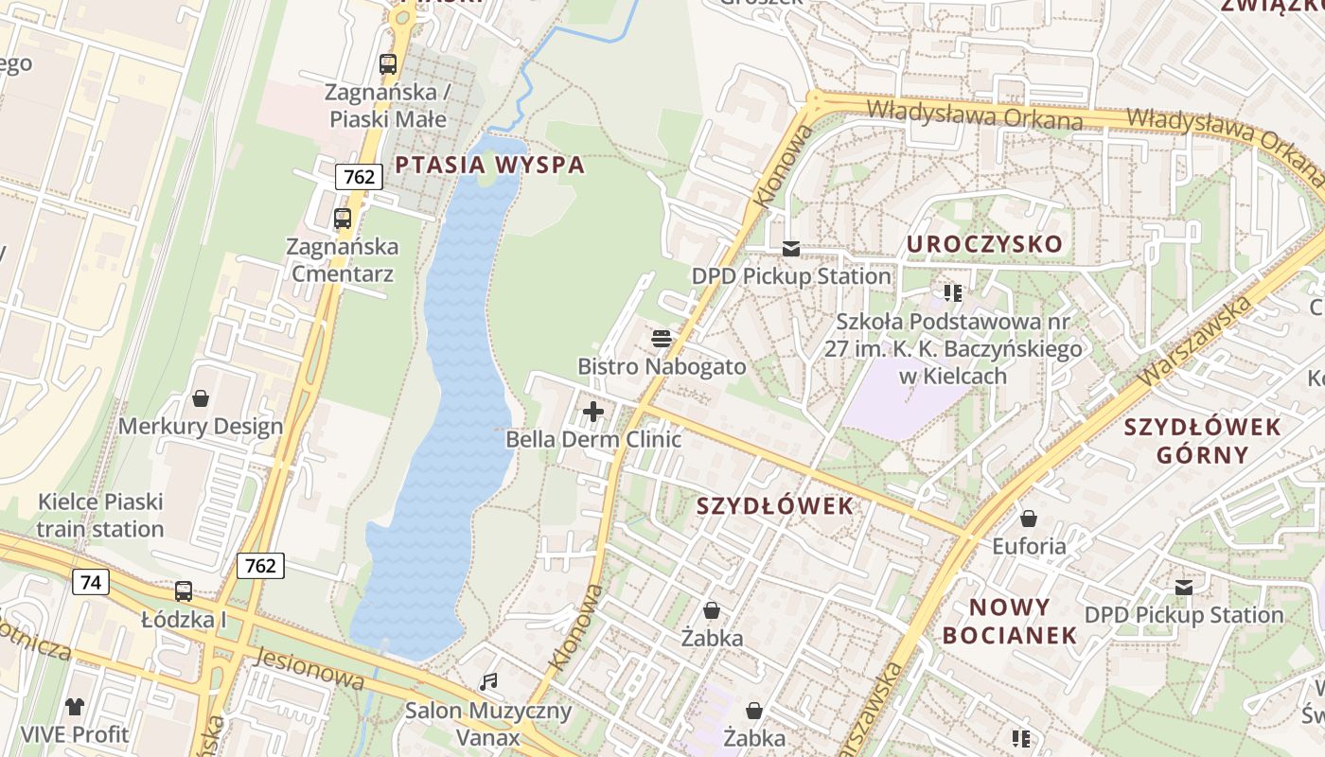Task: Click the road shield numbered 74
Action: [91, 582]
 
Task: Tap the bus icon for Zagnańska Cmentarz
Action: [343, 219]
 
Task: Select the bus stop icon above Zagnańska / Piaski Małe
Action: [387, 64]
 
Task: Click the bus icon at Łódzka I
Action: [184, 591]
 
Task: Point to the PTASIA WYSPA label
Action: [489, 166]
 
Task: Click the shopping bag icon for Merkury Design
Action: [200, 398]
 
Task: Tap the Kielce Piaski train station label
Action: [100, 515]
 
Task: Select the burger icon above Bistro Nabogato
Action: [662, 338]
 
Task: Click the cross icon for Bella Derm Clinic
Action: [593, 412]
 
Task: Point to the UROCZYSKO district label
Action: [984, 244]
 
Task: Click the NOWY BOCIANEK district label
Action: [1010, 621]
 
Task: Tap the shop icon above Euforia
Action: [1028, 519]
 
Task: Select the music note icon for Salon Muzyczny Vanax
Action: [488, 681]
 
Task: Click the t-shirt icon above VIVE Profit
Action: [75, 706]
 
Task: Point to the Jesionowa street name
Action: [309, 666]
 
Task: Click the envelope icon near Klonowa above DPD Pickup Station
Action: [790, 249]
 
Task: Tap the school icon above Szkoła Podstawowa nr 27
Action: [952, 293]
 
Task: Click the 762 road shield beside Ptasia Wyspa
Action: [359, 176]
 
